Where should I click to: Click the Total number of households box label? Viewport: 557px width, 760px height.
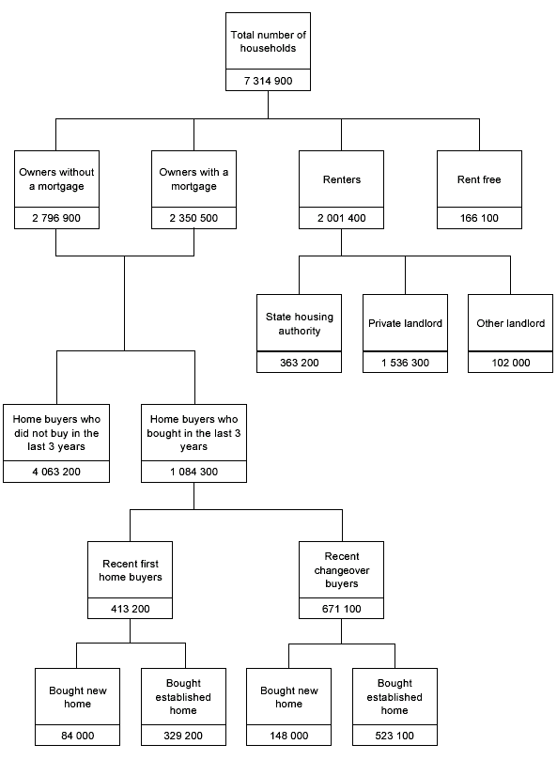click(269, 41)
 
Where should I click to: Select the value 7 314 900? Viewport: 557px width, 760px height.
click(269, 81)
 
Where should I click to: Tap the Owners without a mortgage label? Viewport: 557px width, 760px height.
click(56, 179)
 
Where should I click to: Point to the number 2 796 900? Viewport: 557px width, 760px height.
click(56, 219)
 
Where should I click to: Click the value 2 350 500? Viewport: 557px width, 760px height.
click(193, 219)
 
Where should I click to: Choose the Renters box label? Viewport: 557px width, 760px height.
click(341, 179)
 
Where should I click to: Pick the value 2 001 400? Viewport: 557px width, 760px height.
click(341, 219)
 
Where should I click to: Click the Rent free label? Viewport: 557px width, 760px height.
click(479, 179)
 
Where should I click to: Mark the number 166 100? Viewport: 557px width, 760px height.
click(479, 219)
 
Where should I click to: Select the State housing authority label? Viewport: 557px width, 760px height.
click(299, 323)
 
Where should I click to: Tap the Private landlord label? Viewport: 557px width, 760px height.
click(405, 323)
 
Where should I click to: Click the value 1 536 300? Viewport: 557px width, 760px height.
click(405, 362)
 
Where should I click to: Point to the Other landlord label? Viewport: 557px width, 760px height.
click(510, 323)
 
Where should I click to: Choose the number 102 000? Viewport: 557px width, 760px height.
click(510, 362)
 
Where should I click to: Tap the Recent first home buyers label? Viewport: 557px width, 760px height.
click(131, 570)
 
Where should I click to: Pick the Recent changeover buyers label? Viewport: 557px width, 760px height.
click(341, 570)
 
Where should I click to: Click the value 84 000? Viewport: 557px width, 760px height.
click(78, 737)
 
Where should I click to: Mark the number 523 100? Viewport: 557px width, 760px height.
click(395, 737)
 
